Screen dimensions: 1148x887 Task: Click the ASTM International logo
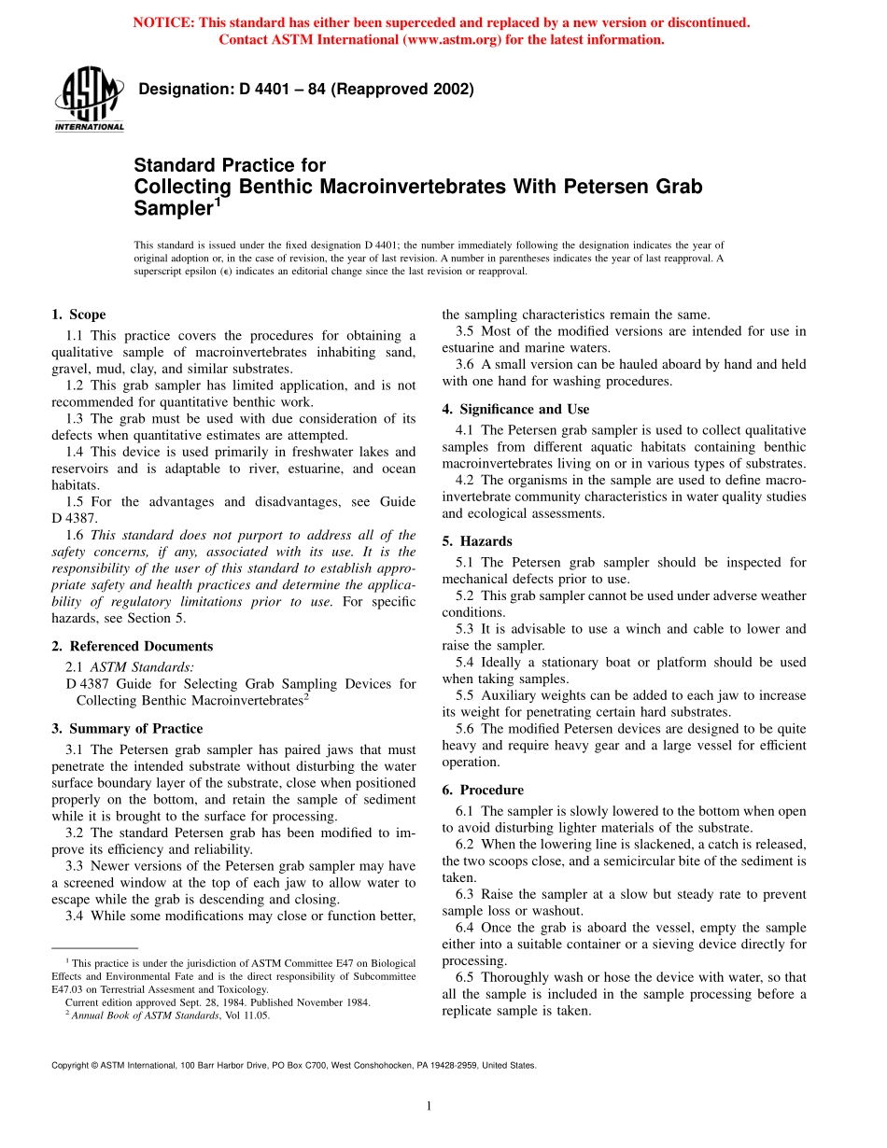(89, 101)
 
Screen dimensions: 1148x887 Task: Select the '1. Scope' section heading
(78, 315)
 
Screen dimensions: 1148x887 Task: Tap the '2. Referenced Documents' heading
(132, 646)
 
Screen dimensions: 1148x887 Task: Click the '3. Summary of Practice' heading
(126, 728)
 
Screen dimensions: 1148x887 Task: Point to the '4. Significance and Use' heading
(515, 409)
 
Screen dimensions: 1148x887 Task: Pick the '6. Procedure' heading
(483, 790)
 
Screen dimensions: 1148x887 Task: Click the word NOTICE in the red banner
(168, 22)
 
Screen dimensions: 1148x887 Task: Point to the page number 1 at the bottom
(428, 1106)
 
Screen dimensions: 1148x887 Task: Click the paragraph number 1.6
(75, 536)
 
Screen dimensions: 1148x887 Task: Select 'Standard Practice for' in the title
(230, 165)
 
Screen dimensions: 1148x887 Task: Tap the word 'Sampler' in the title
(175, 208)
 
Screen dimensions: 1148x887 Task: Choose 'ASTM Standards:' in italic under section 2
(142, 667)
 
